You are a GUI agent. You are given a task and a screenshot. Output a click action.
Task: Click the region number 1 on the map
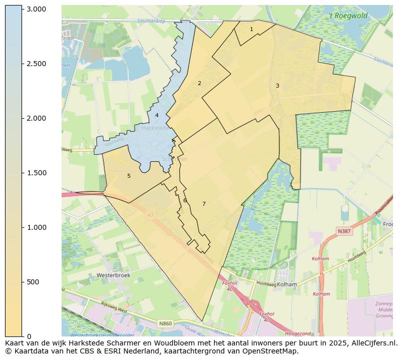(x=251, y=30)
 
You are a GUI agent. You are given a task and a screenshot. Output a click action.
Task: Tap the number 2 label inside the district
(x=199, y=83)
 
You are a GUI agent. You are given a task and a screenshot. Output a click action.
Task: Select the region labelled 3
(x=277, y=86)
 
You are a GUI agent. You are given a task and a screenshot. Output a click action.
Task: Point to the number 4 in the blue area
(x=157, y=115)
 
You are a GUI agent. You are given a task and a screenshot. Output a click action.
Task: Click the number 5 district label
(x=129, y=176)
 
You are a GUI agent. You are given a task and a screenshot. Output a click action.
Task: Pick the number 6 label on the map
(x=185, y=200)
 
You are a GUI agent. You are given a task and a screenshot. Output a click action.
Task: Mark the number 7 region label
(x=204, y=204)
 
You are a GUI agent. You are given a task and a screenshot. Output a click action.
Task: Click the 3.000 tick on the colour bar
(x=36, y=10)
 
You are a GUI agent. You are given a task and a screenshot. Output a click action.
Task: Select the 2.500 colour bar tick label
(x=36, y=64)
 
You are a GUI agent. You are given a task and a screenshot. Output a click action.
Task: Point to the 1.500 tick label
(x=36, y=173)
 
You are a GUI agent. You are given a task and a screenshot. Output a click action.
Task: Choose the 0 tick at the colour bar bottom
(x=29, y=336)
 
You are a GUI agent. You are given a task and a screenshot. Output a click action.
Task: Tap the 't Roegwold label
(x=348, y=16)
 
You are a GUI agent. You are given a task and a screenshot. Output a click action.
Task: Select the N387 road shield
(x=344, y=231)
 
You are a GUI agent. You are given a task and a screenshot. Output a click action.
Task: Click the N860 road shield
(x=166, y=323)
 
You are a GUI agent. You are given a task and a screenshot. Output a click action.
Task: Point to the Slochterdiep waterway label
(x=151, y=21)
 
